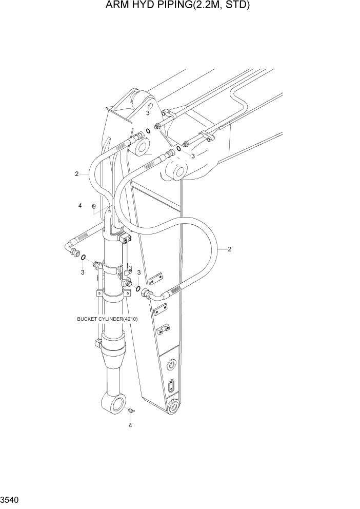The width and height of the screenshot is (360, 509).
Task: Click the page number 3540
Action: tap(10, 499)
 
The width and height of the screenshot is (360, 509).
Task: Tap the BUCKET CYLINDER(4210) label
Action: tap(107, 319)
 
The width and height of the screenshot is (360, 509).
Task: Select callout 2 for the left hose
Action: tap(76, 174)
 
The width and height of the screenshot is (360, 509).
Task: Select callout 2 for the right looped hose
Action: tap(229, 249)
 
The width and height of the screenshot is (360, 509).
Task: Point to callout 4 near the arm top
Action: tap(80, 206)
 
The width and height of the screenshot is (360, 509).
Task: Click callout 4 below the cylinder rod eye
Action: tap(130, 425)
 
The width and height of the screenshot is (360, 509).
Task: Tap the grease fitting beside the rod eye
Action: tap(131, 410)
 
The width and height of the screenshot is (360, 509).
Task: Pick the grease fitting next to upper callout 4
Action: tap(93, 206)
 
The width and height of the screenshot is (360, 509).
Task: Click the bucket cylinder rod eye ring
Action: tap(116, 404)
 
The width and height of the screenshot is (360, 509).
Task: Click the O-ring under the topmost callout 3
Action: tap(148, 131)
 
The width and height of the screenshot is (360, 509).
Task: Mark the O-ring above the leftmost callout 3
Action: tap(83, 258)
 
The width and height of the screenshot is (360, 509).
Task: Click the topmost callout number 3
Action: tap(148, 113)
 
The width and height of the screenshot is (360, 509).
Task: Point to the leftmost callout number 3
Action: tap(83, 272)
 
